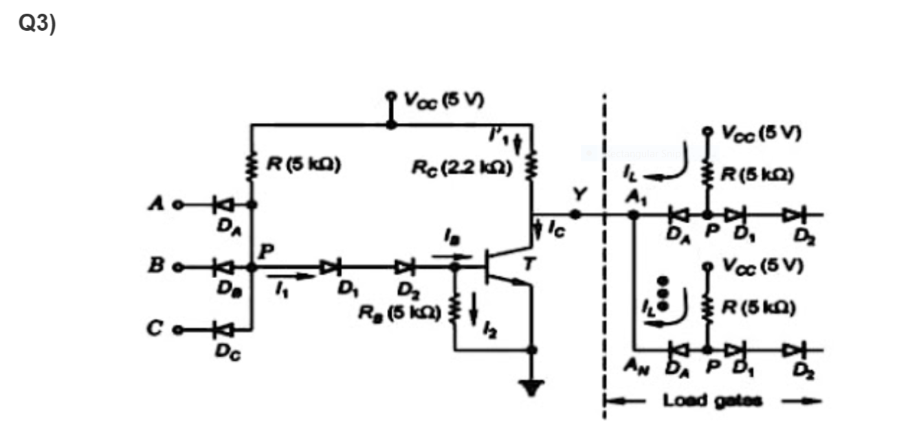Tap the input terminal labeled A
[177, 204]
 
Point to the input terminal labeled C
[177, 329]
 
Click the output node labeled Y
[575, 214]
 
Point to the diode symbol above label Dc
[222, 329]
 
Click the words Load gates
[713, 400]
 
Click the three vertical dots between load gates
[663, 295]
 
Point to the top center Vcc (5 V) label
[443, 100]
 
